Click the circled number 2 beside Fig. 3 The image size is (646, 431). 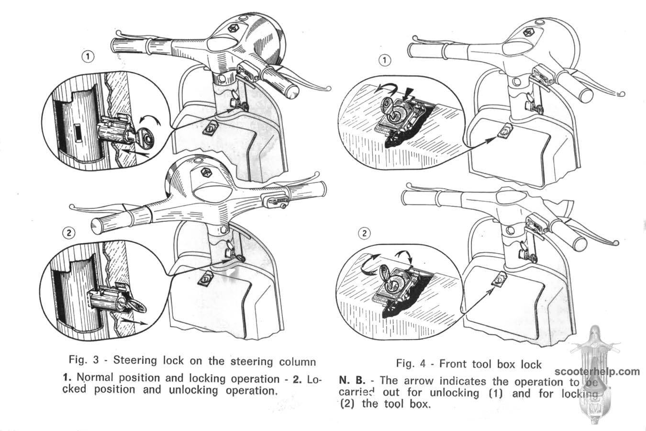(69, 233)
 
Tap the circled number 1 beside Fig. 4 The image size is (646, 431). (384, 60)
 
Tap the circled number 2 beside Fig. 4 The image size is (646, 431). (364, 233)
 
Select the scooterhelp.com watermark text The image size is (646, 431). (597, 372)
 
